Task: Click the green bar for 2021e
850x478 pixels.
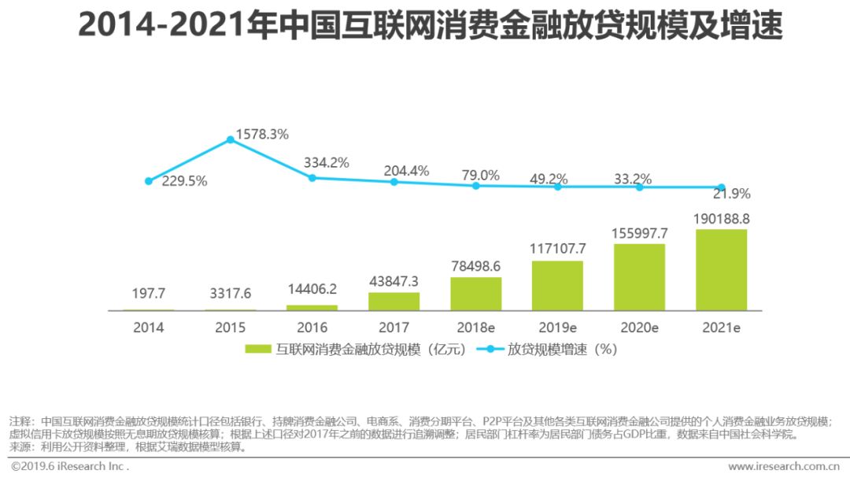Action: pos(721,269)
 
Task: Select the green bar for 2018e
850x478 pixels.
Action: pos(475,293)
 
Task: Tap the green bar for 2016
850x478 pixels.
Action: pos(312,307)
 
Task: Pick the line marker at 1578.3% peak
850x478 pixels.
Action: pos(231,139)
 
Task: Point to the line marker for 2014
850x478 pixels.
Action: pos(149,180)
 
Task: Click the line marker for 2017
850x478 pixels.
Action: pos(394,182)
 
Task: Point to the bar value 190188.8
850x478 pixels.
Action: pos(721,218)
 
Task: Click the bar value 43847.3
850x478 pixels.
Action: pos(394,281)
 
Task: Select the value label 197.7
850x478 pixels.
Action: pos(149,294)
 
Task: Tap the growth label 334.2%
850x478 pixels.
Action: pos(327,163)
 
